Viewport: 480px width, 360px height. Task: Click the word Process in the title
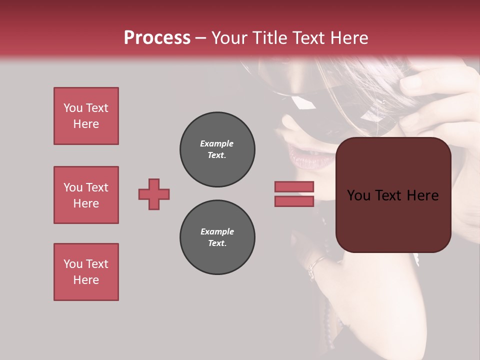[157, 38]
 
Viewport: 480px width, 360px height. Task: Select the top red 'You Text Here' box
[86, 116]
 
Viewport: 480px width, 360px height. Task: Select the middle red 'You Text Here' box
[86, 195]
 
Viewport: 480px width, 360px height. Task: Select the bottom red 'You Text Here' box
[86, 272]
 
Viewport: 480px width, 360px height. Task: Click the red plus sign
[154, 194]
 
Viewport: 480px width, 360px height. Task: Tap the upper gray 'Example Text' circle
[217, 149]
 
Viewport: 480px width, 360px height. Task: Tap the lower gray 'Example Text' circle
[217, 237]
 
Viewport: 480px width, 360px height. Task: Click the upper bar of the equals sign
[294, 186]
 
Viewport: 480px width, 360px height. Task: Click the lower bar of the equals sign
[294, 201]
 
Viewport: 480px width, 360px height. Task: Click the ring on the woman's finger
[315, 265]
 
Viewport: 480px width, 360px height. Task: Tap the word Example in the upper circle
[217, 143]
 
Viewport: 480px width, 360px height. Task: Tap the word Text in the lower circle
[217, 243]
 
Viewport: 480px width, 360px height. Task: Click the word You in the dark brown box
[359, 195]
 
